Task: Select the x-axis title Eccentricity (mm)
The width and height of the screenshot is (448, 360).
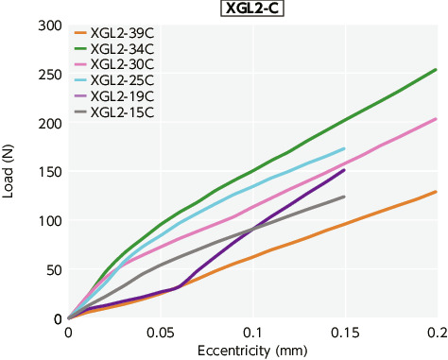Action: (250, 351)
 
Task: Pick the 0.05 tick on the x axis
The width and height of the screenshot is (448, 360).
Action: (160, 333)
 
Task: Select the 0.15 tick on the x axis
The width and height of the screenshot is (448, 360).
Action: (344, 333)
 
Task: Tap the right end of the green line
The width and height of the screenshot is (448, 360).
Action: (436, 69)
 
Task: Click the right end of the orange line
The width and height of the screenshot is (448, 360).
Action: (436, 192)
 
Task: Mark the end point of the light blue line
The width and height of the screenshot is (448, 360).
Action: (344, 148)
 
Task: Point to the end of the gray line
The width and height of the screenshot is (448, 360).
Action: (344, 197)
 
